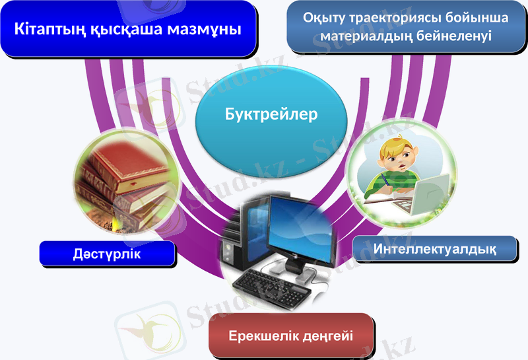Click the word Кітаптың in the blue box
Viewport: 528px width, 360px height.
coord(51,30)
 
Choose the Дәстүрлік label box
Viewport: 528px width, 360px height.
coord(107,254)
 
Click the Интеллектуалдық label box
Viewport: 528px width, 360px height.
coord(434,249)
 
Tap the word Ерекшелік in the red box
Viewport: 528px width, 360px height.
coord(259,336)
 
